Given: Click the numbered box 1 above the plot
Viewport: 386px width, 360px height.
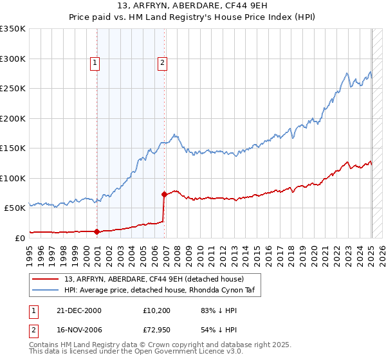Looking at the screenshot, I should click(95, 63).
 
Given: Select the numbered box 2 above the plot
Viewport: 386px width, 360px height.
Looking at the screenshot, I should click(162, 63).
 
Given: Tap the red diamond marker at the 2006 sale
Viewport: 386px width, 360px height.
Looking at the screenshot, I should click(164, 194).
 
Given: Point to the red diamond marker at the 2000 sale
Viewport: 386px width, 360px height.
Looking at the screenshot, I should click(97, 231).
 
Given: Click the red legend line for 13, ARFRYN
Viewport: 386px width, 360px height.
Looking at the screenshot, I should click(46, 279).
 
